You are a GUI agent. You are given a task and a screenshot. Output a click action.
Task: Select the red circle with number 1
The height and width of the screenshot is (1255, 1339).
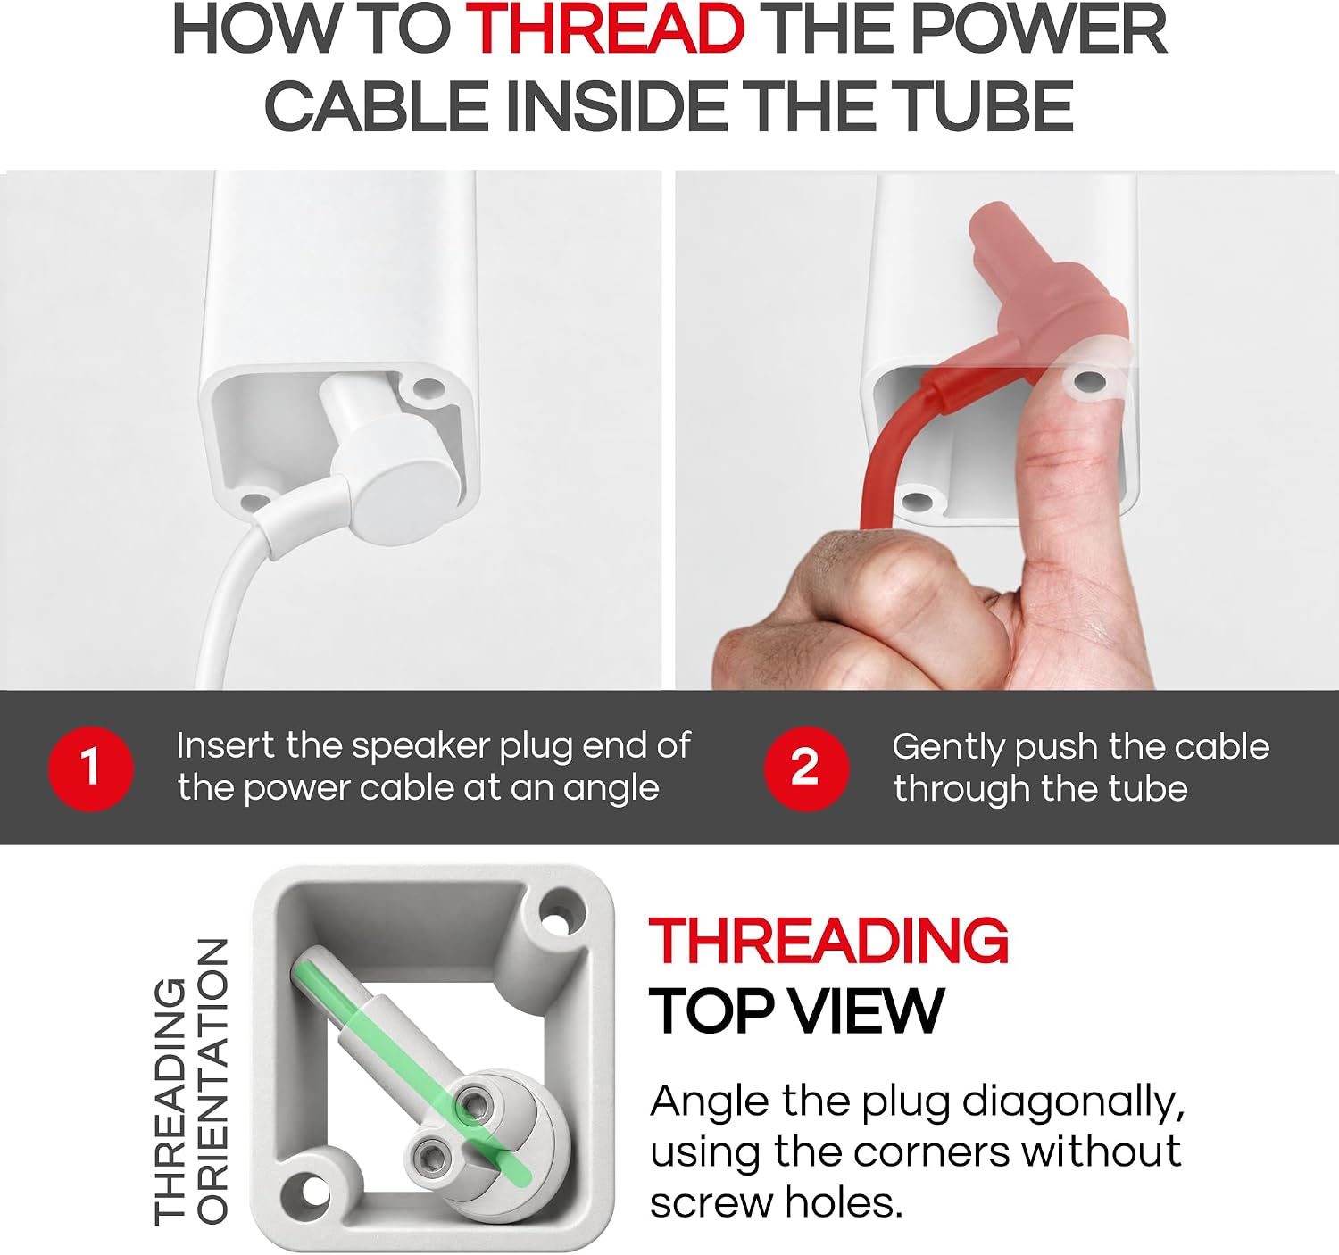[90, 769]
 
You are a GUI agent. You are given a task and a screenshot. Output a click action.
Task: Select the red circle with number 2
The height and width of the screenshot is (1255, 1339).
[806, 769]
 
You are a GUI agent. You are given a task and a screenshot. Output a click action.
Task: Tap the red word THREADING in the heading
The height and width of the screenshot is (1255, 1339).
[828, 941]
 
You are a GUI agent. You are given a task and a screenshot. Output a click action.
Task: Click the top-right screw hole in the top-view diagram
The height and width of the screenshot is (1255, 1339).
[559, 919]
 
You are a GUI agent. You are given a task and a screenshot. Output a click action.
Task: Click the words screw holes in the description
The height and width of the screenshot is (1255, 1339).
[776, 1203]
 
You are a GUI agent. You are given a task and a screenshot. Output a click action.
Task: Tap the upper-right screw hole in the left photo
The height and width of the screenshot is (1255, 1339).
[426, 387]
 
